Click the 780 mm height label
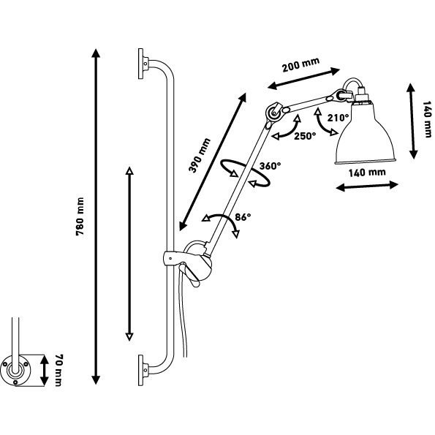tap(80, 216)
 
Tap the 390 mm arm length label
tap(200, 155)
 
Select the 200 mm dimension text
tap(300, 64)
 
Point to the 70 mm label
tap(58, 370)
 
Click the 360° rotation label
tap(271, 166)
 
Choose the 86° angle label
tap(243, 217)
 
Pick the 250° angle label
tap(305, 136)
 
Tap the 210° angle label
tap(338, 118)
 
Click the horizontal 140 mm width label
tap(367, 173)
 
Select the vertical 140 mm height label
tap(427, 119)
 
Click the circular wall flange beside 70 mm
tap(16, 370)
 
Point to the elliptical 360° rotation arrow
tap(245, 173)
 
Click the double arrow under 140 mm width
tap(367, 186)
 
